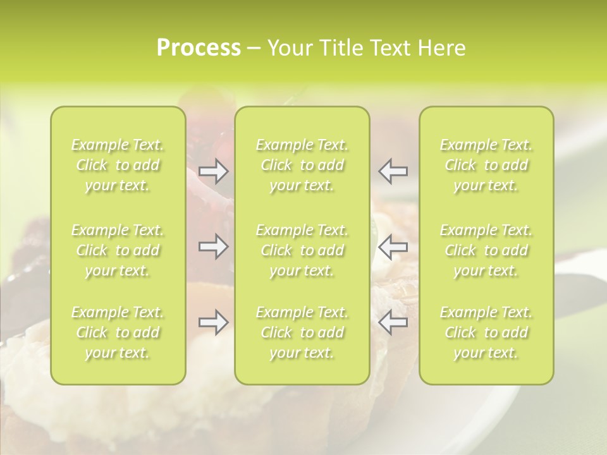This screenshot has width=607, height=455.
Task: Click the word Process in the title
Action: [x=199, y=48]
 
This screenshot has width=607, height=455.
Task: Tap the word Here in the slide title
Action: [x=441, y=48]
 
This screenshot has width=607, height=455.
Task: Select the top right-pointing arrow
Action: [x=213, y=171]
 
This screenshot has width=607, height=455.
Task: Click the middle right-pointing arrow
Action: [x=213, y=247]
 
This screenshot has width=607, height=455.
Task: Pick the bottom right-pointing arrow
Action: [x=213, y=322]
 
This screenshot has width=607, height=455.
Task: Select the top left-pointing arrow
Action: [x=393, y=171]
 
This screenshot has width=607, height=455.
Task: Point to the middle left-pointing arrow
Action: [x=393, y=247]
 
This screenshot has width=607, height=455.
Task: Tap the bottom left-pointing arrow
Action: [x=393, y=322]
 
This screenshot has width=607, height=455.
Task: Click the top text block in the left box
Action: [x=118, y=166]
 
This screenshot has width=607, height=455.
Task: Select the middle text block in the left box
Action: [x=118, y=250]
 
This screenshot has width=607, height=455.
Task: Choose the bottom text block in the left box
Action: [x=118, y=332]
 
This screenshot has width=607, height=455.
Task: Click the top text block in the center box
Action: [x=302, y=166]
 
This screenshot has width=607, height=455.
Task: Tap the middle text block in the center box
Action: [x=302, y=250]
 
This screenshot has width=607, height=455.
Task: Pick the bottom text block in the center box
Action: [x=302, y=332]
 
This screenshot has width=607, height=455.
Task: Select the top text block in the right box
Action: [x=486, y=166]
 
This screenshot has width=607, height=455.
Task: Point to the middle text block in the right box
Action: [x=486, y=250]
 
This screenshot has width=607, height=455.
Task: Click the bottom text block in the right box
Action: [x=486, y=332]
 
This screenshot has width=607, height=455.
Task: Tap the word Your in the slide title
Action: [x=288, y=48]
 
